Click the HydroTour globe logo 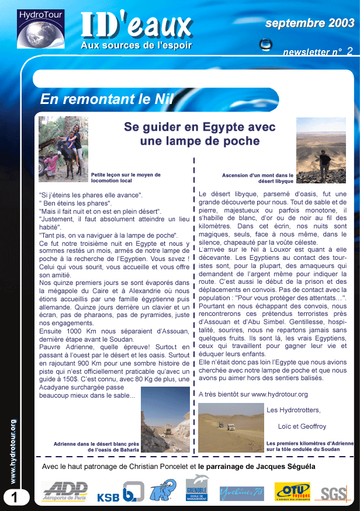[41, 29]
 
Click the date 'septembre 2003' [310, 23]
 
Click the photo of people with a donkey [63, 149]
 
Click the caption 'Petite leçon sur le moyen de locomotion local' [126, 178]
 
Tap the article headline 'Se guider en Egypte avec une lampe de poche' [200, 134]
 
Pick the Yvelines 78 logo [241, 493]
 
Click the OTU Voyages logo [292, 491]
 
